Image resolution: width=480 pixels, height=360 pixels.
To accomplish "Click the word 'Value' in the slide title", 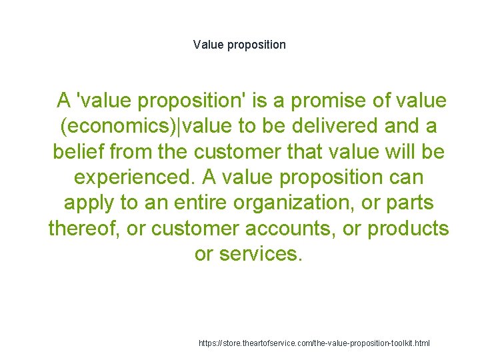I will click(x=207, y=45).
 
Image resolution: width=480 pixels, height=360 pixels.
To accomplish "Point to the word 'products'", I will click(x=409, y=228).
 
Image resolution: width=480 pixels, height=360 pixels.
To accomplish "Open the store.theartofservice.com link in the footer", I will click(x=315, y=343).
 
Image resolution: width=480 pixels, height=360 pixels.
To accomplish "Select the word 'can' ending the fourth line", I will click(x=406, y=177).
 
